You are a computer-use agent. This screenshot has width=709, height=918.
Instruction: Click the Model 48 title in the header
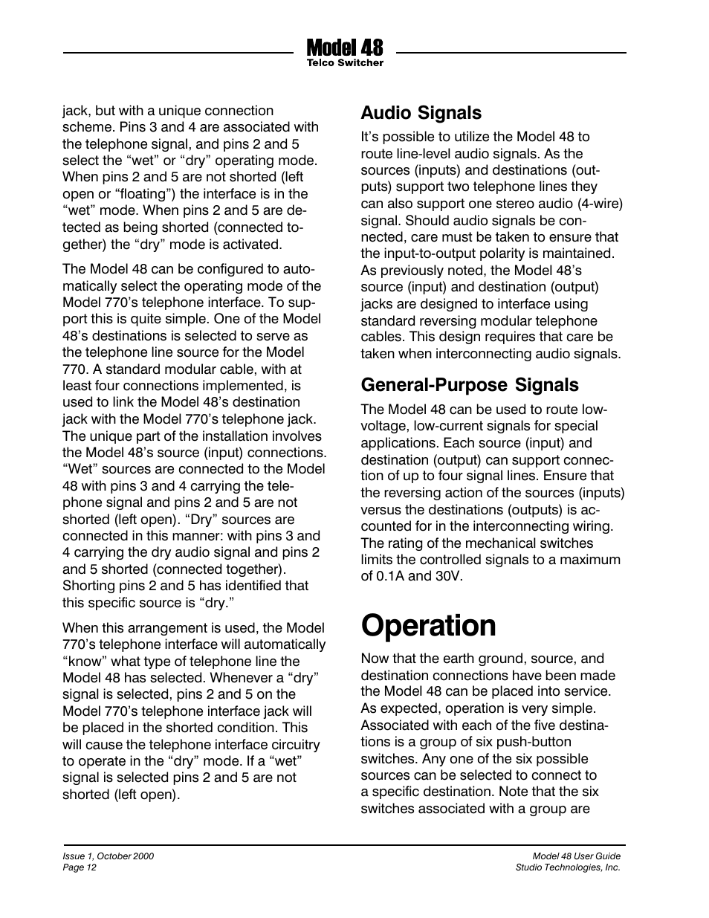click(x=345, y=48)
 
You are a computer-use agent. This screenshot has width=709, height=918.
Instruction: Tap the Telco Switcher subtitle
click(x=345, y=63)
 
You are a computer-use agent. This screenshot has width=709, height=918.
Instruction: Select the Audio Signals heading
click(x=421, y=113)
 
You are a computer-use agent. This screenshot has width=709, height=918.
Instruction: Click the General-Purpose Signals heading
click(x=469, y=385)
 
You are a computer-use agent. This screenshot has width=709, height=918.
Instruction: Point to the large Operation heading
click(x=428, y=626)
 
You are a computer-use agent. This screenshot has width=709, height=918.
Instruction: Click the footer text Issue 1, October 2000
click(x=108, y=856)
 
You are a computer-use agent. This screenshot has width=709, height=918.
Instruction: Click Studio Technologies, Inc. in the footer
click(x=568, y=867)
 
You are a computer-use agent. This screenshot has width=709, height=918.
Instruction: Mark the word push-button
click(x=533, y=742)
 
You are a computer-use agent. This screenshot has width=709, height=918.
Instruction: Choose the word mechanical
click(x=482, y=543)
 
